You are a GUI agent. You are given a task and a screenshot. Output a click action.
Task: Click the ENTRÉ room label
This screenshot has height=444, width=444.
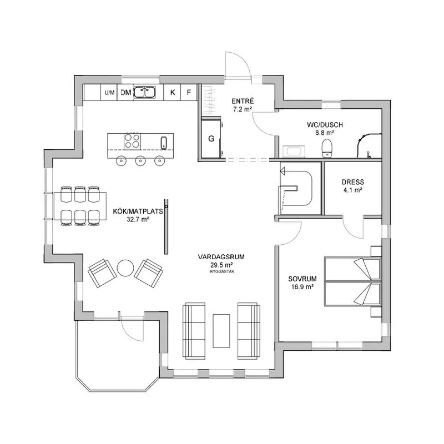(x=243, y=101)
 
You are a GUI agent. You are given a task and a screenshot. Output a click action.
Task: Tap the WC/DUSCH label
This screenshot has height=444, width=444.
(x=325, y=125)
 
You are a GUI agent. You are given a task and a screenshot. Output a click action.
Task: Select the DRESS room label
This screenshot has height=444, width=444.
(x=353, y=182)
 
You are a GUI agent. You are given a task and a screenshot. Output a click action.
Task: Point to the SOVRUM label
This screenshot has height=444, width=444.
(x=302, y=279)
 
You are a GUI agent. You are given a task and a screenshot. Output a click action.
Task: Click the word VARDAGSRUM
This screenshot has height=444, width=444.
(x=221, y=257)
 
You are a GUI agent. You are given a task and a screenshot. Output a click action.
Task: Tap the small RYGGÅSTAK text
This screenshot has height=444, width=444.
(x=223, y=271)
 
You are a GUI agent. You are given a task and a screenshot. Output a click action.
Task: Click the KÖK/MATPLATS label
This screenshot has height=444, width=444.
(x=138, y=211)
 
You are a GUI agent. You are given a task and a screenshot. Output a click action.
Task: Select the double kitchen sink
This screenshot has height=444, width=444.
(x=144, y=92)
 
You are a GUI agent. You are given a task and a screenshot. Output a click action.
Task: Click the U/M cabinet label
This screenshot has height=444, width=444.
(x=109, y=93)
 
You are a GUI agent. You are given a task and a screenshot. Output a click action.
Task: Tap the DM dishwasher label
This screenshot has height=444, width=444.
(x=126, y=92)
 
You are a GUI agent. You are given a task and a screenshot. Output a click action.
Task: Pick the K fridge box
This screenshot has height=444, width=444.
(x=172, y=92)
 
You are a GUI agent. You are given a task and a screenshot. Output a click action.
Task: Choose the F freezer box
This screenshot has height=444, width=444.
(x=189, y=92)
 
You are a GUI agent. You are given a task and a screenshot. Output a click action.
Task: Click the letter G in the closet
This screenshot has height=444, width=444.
(x=211, y=139)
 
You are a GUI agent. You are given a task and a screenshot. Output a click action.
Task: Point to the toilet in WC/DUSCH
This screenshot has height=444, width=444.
(x=327, y=148)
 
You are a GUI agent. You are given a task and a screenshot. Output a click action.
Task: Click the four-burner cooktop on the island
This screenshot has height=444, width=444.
(x=132, y=142)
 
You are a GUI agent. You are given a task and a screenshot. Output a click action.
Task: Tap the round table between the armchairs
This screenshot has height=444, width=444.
(x=125, y=268)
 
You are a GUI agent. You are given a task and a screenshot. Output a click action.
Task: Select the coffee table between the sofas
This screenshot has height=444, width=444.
(x=221, y=331)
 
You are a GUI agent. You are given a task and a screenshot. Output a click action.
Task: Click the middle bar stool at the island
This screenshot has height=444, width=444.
(x=140, y=161)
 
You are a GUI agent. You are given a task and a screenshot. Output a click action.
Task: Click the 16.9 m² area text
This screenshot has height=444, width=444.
(x=302, y=287)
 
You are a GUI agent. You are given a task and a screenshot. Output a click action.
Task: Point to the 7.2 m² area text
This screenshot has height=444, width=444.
(x=243, y=109)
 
